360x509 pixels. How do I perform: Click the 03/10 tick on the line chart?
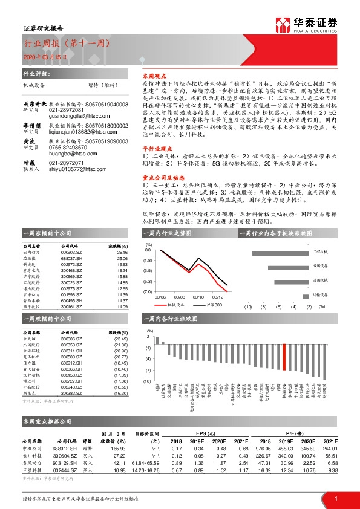[198, 297]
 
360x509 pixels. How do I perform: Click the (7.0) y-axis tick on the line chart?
[148, 291]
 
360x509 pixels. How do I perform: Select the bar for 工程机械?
[307, 251]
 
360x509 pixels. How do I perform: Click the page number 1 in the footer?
[335, 498]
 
